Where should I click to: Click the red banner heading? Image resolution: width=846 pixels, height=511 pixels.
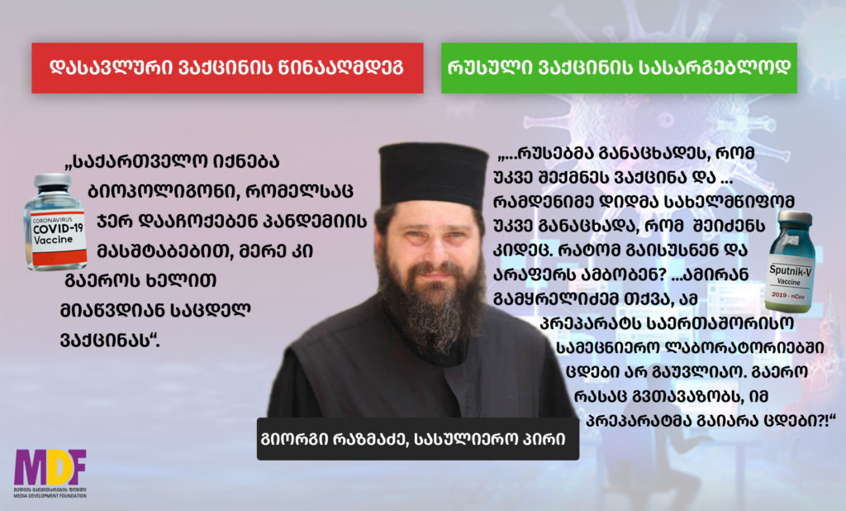pos(227,68)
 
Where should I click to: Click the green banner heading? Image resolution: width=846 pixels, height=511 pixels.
pos(619,68)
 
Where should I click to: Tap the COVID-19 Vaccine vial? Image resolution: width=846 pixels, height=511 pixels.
pos(55,222)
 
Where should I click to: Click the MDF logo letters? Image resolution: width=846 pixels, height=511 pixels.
pos(50,467)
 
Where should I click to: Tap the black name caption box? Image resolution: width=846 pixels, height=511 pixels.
pos(417,438)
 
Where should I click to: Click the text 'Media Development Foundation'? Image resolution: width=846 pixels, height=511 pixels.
pos(50,495)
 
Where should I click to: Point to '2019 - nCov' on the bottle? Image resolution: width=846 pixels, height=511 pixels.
pos(788,295)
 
